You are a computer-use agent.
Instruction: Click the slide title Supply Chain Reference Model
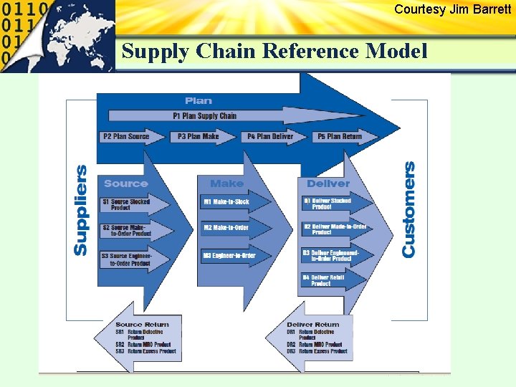coord(274,52)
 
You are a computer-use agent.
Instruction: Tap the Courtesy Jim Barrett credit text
coord(452,9)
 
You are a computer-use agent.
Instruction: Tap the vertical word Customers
coord(408,209)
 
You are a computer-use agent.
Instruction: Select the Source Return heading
coord(142,325)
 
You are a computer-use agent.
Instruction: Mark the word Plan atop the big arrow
coord(199,101)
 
